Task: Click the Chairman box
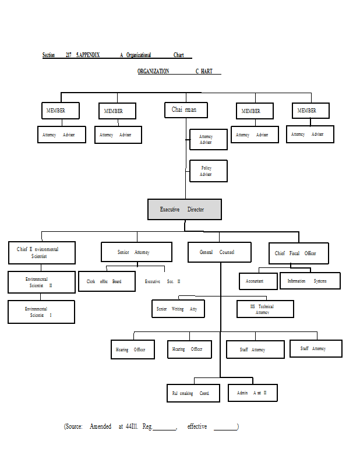pyautogui.click(x=186, y=110)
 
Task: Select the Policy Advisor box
pyautogui.click(x=208, y=171)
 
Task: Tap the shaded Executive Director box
pyautogui.click(x=184, y=209)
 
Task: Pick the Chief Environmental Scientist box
pyautogui.click(x=41, y=253)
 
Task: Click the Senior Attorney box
pyautogui.click(x=136, y=252)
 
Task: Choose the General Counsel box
pyautogui.click(x=219, y=252)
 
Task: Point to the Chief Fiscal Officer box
pyautogui.click(x=298, y=253)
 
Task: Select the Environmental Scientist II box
pyautogui.click(x=41, y=283)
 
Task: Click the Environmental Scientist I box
pyautogui.click(x=41, y=312)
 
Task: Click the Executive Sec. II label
pyautogui.click(x=163, y=281)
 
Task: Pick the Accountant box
pyautogui.click(x=257, y=281)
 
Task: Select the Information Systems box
pyautogui.click(x=309, y=281)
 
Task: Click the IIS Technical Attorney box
pyautogui.click(x=265, y=309)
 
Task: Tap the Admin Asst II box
pyautogui.click(x=252, y=393)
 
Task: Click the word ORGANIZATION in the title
pyautogui.click(x=153, y=71)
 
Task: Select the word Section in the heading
pyautogui.click(x=49, y=55)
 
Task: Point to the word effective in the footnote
pyautogui.click(x=197, y=426)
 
